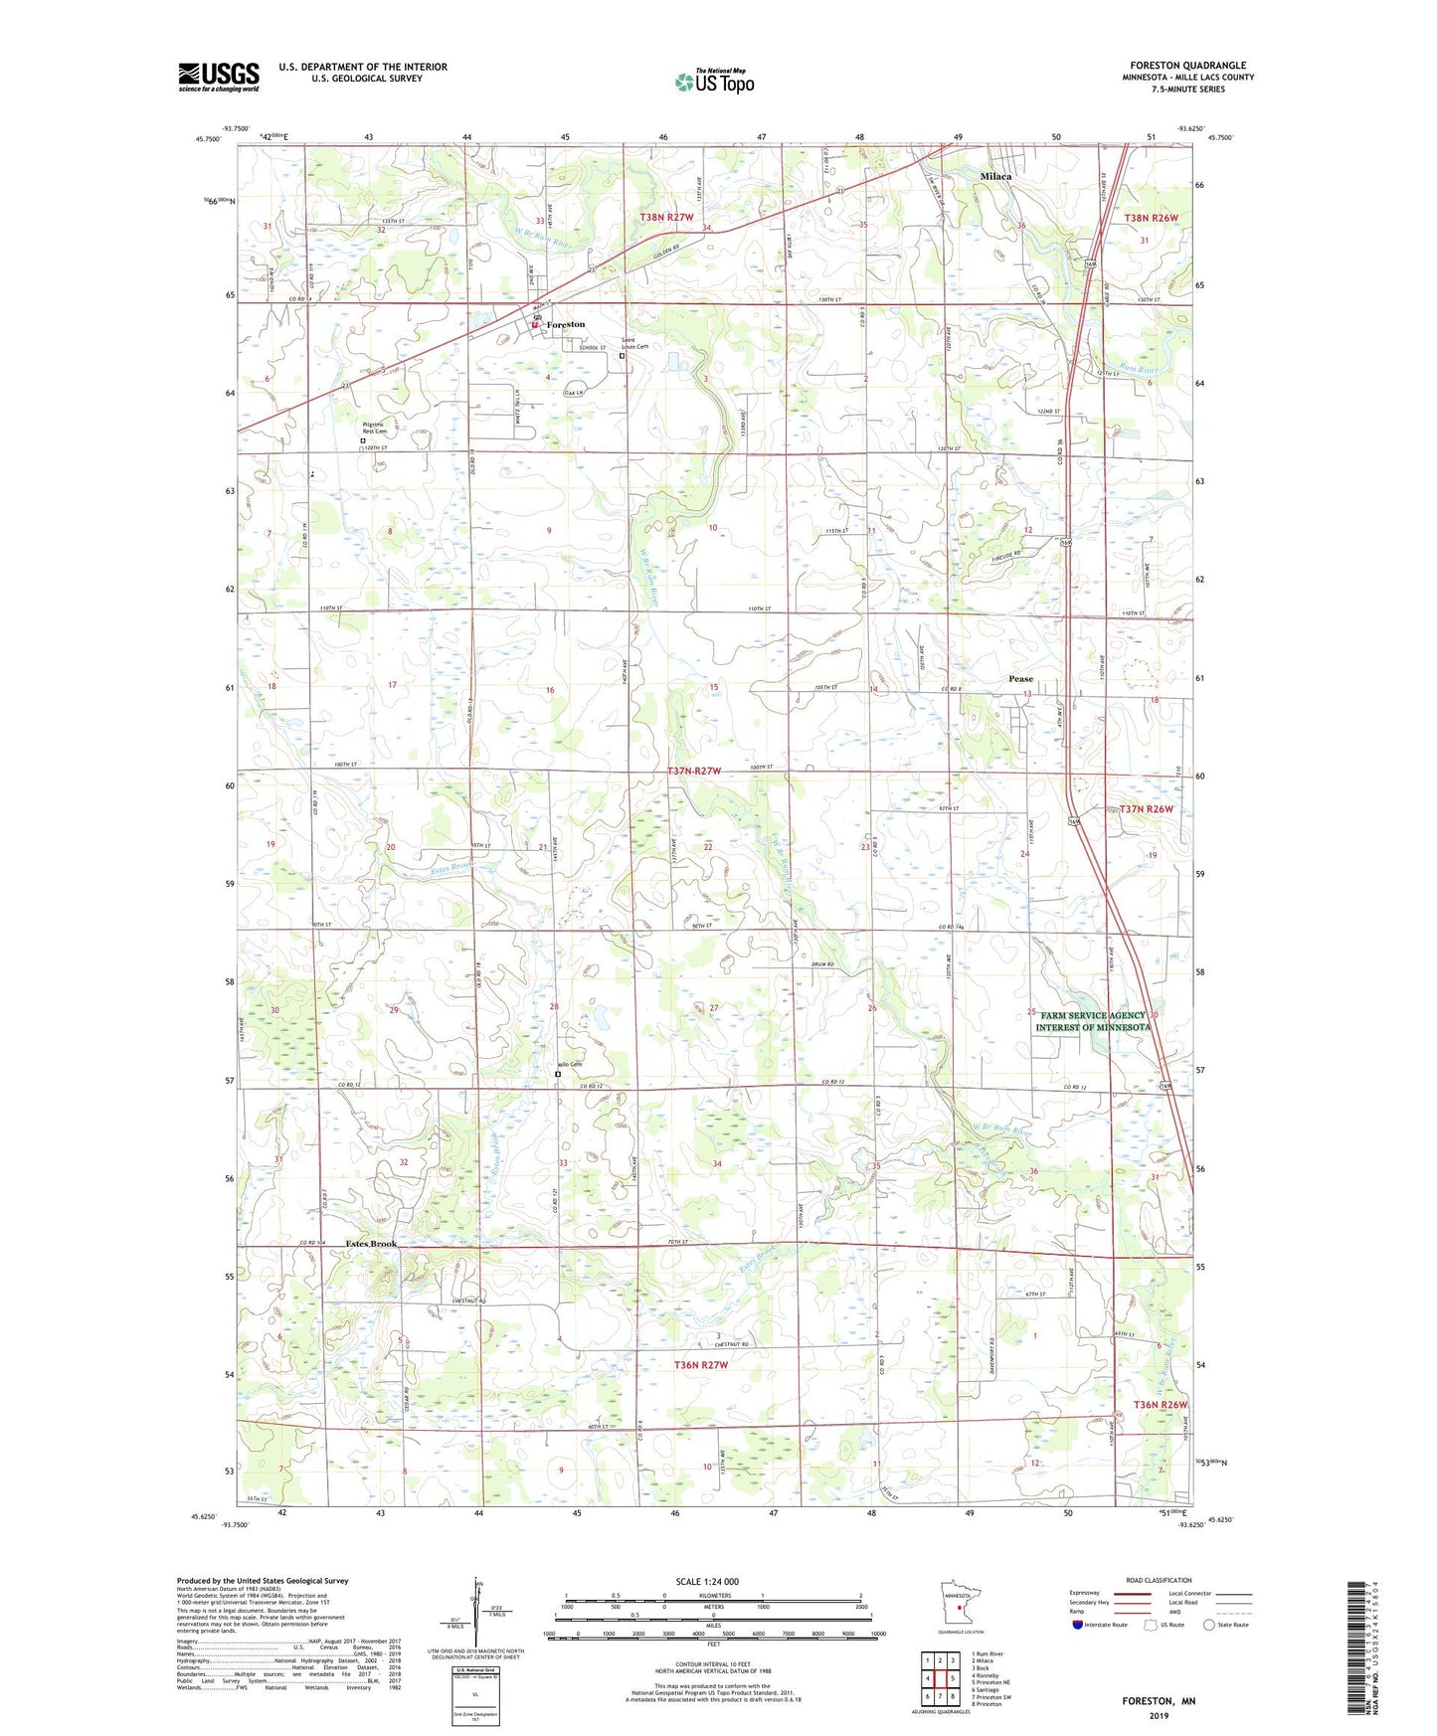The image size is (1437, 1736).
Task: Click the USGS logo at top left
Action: (x=219, y=77)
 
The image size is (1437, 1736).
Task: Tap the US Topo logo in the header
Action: (x=713, y=82)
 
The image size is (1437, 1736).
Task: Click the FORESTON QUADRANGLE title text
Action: (x=1187, y=65)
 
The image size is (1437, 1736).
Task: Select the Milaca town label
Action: (x=995, y=176)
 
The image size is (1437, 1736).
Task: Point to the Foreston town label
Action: (x=566, y=325)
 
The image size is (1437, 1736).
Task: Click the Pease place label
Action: (x=1020, y=679)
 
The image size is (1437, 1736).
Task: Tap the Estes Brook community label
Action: (x=371, y=1244)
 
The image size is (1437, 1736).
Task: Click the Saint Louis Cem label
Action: (x=635, y=347)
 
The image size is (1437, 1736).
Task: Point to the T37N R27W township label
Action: (x=707, y=772)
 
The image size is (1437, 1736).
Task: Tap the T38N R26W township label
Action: (x=1151, y=218)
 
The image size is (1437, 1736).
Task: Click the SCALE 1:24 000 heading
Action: (x=707, y=1582)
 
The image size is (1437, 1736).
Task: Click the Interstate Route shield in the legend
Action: (x=1079, y=1625)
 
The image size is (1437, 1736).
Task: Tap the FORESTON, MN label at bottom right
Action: (x=1159, y=1701)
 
